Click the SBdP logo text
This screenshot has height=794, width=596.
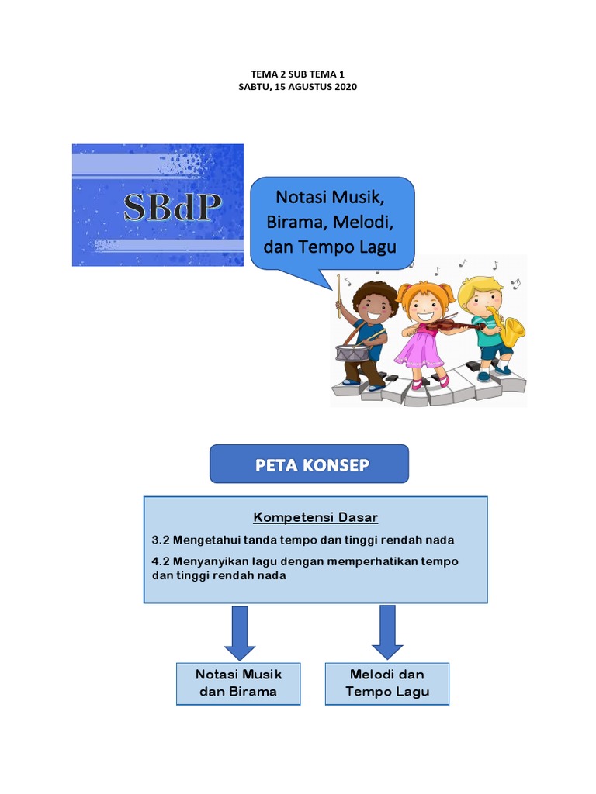click(173, 207)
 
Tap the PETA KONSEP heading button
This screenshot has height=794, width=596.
click(309, 464)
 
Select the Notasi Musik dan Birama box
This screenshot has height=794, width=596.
click(238, 684)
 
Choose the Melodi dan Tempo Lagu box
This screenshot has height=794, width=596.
click(387, 684)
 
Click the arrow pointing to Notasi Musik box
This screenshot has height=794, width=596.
click(240, 633)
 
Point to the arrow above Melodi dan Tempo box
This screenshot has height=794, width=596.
click(387, 633)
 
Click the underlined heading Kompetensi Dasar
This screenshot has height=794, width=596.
click(315, 517)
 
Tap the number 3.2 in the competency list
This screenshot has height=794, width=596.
click(160, 540)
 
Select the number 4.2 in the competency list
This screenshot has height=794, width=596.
click(160, 561)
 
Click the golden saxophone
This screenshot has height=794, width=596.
click(508, 328)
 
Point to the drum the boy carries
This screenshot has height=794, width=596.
click(352, 353)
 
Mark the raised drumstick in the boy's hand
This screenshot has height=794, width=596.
click(339, 296)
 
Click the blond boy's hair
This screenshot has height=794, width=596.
click(478, 288)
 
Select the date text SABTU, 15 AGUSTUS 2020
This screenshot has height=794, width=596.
click(297, 87)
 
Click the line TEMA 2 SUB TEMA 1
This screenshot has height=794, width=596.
click(297, 74)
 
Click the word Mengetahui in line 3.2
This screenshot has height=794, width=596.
click(206, 540)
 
